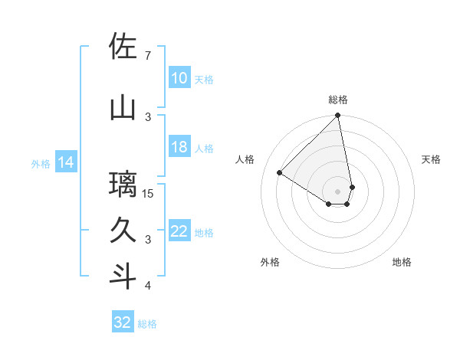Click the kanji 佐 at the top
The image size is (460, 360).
(123, 47)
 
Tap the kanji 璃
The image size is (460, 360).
(123, 185)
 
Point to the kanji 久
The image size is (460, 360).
(123, 230)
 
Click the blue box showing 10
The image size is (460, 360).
(179, 78)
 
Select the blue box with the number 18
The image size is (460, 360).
(179, 148)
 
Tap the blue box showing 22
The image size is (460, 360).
(179, 232)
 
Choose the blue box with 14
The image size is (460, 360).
(66, 162)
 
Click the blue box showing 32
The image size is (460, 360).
(123, 323)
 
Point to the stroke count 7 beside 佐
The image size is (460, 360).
(147, 56)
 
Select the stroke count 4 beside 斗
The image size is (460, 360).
(147, 286)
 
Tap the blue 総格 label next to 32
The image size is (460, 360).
(147, 324)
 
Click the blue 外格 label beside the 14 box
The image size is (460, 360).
(41, 163)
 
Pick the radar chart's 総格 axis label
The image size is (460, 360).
(338, 100)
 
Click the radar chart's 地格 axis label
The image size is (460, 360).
(402, 262)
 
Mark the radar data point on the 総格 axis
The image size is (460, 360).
(338, 116)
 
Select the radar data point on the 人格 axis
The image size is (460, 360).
(280, 173)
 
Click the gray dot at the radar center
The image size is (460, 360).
(338, 191)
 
